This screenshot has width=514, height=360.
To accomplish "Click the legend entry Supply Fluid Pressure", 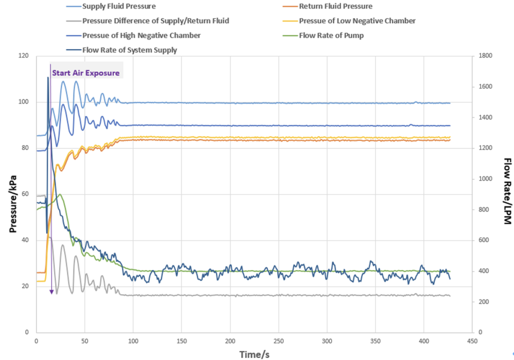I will click(119, 7).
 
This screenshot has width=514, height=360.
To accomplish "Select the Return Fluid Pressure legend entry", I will click(336, 7).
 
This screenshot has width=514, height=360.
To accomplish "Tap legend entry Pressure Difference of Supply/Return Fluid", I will click(155, 21).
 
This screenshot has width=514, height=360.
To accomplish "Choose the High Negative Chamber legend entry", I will click(141, 35).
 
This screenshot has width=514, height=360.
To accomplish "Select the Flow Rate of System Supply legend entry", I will click(129, 50).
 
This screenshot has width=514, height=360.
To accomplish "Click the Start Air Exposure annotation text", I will click(86, 73).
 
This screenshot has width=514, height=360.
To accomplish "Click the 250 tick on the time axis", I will click(278, 341).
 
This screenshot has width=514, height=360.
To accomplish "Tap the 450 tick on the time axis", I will click(472, 341).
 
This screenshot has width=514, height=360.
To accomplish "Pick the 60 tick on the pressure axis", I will click(26, 194).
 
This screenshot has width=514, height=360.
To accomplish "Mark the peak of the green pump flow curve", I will click(60, 194).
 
